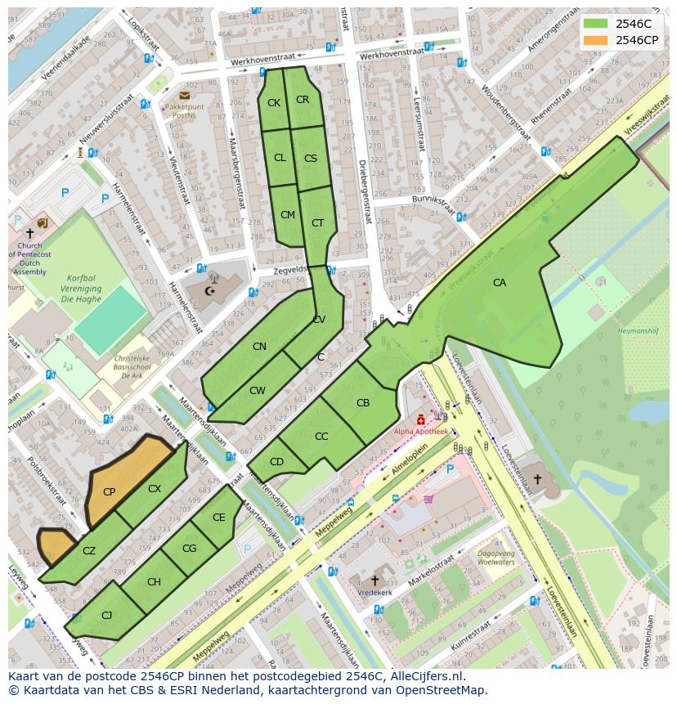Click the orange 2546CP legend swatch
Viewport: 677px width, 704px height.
click(596, 40)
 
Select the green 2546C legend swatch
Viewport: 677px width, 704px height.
click(596, 23)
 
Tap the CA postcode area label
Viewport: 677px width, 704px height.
click(499, 283)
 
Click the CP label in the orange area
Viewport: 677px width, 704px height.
click(109, 491)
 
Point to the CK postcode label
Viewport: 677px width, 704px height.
click(274, 102)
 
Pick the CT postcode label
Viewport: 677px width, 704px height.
click(317, 223)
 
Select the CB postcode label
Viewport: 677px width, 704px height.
click(363, 403)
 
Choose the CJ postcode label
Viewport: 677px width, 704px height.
click(106, 615)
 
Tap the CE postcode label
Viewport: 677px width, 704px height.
click(218, 518)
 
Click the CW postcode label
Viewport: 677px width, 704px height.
click(258, 391)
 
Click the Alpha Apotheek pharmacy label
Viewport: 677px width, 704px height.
click(421, 431)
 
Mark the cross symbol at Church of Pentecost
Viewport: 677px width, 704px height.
click(29, 233)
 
